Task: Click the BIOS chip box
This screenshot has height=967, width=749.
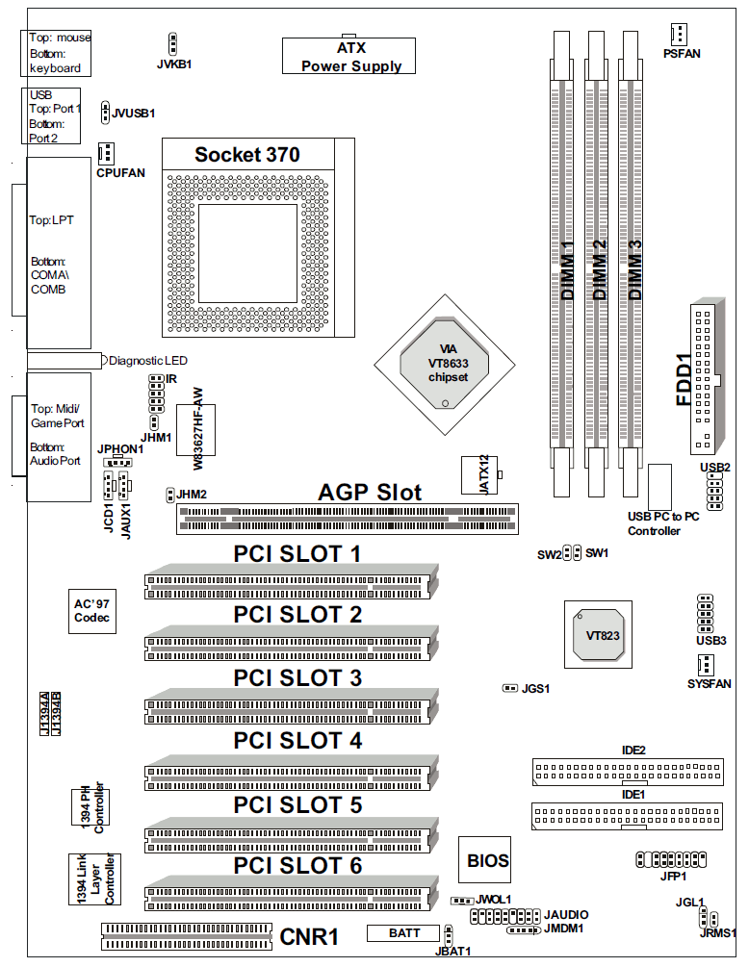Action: pos(484,859)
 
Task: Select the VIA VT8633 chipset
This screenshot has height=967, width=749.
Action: pos(445,365)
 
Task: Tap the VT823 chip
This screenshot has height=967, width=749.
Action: pos(598,635)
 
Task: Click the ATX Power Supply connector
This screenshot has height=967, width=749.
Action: pos(349,56)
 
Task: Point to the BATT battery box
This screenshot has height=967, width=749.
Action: pos(403,933)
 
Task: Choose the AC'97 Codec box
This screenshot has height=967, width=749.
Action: pos(91,611)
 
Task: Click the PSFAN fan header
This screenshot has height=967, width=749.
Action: pos(679,34)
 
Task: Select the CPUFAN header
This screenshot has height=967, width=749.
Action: pos(106,153)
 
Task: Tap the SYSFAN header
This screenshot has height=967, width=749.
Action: pos(705,665)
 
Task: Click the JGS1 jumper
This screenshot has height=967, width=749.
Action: pos(509,688)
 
